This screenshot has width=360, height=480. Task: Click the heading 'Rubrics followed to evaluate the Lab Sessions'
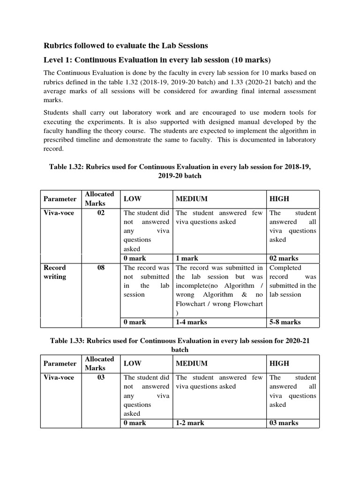[x=126, y=45]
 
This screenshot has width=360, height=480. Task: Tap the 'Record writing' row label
[x=55, y=272]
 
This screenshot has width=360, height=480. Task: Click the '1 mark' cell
[x=187, y=258]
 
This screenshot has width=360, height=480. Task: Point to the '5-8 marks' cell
[x=285, y=322]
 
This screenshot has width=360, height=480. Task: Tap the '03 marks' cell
[x=284, y=423]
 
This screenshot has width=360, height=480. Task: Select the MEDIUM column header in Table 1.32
[x=191, y=199]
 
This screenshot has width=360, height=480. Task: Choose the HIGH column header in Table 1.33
[x=279, y=363]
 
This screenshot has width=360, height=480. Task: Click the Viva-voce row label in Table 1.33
[x=59, y=377]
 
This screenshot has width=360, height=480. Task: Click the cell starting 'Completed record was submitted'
[x=293, y=281]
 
